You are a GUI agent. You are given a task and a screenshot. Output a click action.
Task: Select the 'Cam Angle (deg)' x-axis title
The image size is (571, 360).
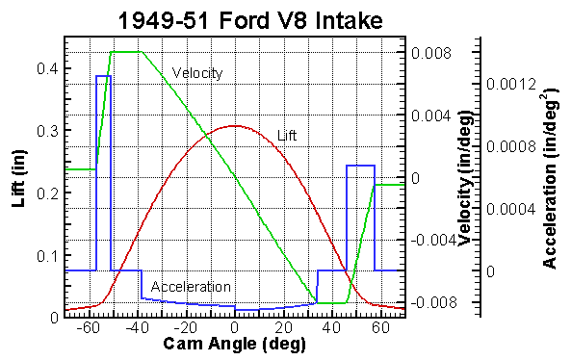(x=234, y=345)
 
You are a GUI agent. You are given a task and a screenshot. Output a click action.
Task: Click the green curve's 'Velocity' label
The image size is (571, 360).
(x=197, y=73)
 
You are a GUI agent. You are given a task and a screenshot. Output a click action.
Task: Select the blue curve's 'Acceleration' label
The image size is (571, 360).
(x=191, y=287)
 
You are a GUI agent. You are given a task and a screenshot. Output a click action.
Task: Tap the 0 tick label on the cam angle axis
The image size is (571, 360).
(x=235, y=327)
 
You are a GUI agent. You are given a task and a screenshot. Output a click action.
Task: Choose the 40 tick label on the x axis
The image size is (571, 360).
(x=330, y=327)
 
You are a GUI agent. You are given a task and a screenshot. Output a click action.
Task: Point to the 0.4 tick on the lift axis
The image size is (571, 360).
(x=44, y=68)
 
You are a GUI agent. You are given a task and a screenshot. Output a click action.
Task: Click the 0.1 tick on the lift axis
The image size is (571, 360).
(x=44, y=256)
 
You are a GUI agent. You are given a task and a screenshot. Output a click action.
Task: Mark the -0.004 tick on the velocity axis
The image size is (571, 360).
(x=428, y=240)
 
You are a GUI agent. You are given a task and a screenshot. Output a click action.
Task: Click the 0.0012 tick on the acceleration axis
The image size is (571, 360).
(x=506, y=85)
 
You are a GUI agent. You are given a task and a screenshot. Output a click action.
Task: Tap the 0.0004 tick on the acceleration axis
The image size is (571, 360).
(x=506, y=209)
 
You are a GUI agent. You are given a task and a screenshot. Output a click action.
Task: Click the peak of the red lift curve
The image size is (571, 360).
(x=235, y=125)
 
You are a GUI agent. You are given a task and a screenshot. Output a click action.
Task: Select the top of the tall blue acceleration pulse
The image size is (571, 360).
(x=103, y=75)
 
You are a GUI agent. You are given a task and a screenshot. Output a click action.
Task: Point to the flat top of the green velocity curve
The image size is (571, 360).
(x=126, y=52)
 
